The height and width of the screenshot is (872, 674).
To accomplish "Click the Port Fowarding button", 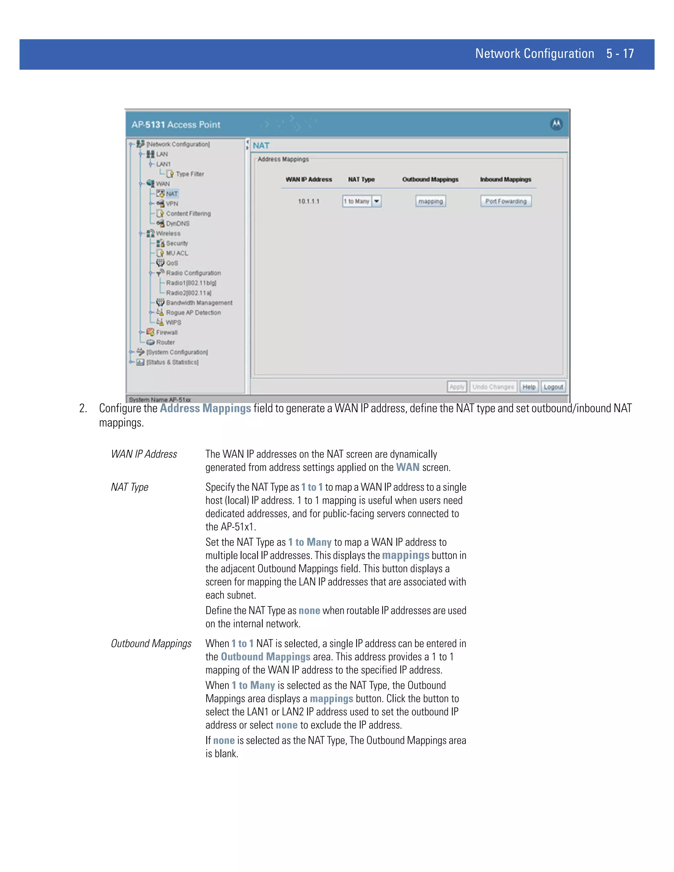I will pos(505,201).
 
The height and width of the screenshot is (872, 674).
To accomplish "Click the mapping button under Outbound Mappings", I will pos(430,201).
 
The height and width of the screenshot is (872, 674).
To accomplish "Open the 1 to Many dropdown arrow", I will pos(376,201).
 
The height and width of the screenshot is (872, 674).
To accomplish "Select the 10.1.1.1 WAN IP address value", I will pos(309,201).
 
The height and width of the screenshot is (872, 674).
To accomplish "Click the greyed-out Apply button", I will pos(457,387).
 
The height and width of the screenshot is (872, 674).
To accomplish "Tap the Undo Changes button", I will pos(493,387).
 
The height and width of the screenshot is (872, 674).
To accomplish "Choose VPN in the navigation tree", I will pos(172,204).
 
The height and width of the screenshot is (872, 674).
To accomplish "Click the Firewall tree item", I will pos(167,333).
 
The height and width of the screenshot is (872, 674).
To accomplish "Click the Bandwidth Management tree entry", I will pos(199,303).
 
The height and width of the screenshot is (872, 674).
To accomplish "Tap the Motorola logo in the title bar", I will pos(556,124).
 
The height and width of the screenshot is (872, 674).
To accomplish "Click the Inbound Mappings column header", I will pos(505,180).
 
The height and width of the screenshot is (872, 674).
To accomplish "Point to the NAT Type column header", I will pos(361,180).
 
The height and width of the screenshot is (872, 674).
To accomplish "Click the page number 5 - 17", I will pos(620,54).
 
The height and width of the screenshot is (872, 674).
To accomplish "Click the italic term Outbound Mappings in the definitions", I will pos(151,644).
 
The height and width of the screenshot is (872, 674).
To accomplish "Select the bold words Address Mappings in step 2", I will pos(205,408).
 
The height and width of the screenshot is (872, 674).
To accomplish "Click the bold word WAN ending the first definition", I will pos(407,468).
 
